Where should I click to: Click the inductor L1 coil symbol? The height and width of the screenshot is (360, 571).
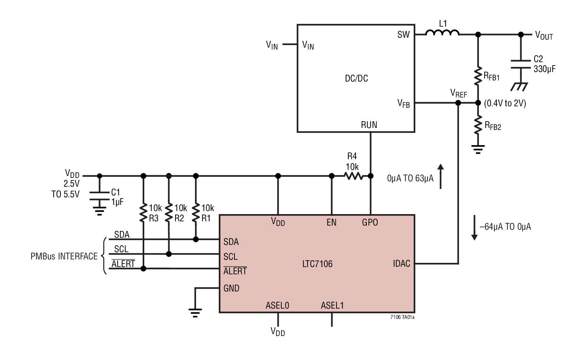point(442,33)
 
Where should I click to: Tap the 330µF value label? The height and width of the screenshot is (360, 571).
point(544,69)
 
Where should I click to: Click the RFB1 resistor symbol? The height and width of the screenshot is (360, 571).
point(478,76)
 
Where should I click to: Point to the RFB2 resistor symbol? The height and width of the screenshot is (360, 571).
point(478,125)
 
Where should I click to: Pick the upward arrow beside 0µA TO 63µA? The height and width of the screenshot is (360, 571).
point(440,176)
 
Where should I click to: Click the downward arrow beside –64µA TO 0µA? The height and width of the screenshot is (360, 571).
point(474,227)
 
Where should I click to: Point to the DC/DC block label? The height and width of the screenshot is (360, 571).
point(356,78)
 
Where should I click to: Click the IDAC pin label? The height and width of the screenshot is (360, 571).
point(401,264)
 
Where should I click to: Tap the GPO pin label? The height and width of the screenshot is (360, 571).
point(370,222)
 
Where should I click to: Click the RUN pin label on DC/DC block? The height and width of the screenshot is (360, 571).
point(369,125)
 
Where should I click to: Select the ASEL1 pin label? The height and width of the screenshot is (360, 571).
point(332,305)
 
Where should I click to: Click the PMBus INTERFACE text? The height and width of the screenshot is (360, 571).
point(64,256)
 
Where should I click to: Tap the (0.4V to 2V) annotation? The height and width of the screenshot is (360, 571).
point(505,103)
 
